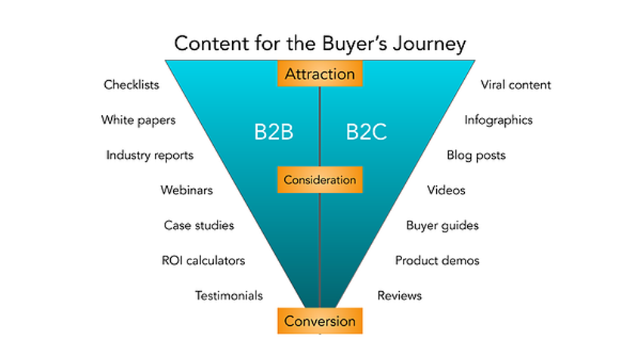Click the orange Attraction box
pyautogui.click(x=320, y=73)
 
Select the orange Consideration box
pyautogui.click(x=320, y=179)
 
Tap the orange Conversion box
pyautogui.click(x=320, y=321)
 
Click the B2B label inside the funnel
pyautogui.click(x=274, y=132)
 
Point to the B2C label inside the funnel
pyautogui.click(x=367, y=132)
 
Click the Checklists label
pyautogui.click(x=132, y=85)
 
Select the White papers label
pyautogui.click(x=138, y=120)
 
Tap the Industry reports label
pyautogui.click(x=150, y=156)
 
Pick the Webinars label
pyautogui.click(x=187, y=191)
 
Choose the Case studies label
pyautogui.click(x=199, y=225)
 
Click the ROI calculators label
pyautogui.click(x=203, y=261)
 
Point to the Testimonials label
pyautogui.click(x=228, y=296)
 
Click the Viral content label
pyautogui.click(x=516, y=85)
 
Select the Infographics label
pyautogui.click(x=498, y=120)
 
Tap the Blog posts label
pyautogui.click(x=476, y=156)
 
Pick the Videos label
pyautogui.click(x=446, y=191)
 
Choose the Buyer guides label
pyautogui.click(x=442, y=226)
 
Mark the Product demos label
pyautogui.click(x=437, y=261)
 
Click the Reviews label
pyautogui.click(x=399, y=296)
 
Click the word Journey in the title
pyautogui.click(x=429, y=44)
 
